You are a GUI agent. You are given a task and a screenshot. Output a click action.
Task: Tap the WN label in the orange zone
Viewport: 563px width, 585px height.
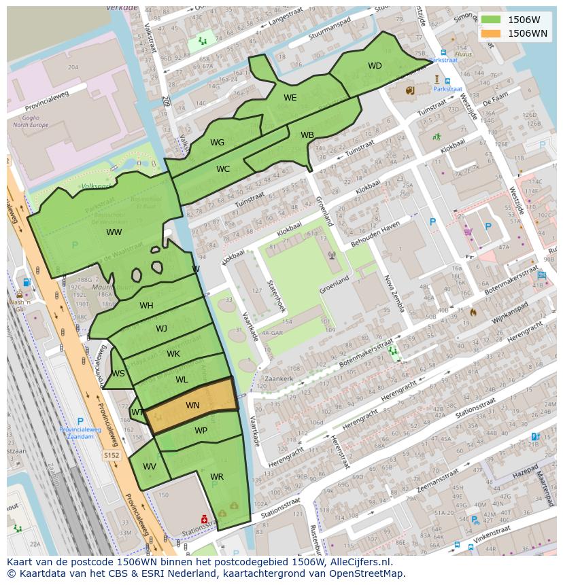click(x=192, y=406)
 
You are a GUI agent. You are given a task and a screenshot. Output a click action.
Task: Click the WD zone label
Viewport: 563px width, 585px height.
click(x=375, y=66)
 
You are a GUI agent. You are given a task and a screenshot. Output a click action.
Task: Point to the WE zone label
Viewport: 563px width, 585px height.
click(x=290, y=98)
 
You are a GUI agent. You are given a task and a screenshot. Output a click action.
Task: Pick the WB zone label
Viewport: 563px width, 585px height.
click(x=307, y=135)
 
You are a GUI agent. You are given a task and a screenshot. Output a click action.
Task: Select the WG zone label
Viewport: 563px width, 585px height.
click(x=217, y=143)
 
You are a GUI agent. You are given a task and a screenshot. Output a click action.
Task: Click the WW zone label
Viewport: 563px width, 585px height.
click(x=114, y=232)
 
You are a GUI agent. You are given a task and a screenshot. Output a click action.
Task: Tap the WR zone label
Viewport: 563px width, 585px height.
click(x=217, y=477)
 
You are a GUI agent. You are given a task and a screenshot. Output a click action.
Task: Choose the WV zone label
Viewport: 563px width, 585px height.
click(x=150, y=467)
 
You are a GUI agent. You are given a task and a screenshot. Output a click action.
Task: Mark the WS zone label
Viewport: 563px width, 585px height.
click(x=118, y=374)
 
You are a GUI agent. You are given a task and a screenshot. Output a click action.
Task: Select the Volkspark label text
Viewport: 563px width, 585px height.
click(x=95, y=185)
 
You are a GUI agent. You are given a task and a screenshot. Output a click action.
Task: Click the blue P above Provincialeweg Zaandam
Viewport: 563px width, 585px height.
click(x=80, y=421)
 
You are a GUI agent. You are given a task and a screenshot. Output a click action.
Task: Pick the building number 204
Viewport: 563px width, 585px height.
click(x=73, y=67)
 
